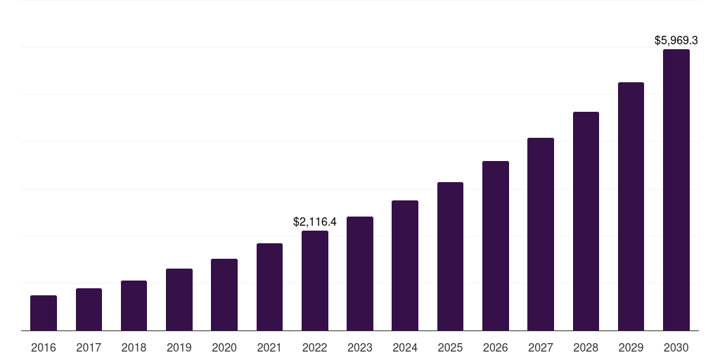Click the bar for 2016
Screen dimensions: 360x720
coord(44,313)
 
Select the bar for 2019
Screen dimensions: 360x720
coord(179,300)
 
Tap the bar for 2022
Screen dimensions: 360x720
coord(315,281)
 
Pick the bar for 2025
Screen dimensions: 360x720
coord(450,257)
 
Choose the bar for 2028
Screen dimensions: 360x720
coord(586,221)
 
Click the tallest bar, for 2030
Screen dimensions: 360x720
coord(676,190)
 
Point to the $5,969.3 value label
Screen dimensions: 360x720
coord(676,40)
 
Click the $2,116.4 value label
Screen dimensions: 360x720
coord(315,221)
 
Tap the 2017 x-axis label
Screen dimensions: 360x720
coord(89,347)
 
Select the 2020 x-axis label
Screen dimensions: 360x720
coord(224,347)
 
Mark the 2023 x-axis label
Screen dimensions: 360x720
coord(360,347)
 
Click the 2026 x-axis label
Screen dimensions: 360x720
coord(496,347)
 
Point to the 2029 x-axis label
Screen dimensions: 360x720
coord(631,347)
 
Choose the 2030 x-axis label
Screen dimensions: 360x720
coord(676,347)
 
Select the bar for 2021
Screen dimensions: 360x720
coord(269,287)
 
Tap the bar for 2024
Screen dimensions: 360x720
coord(405,266)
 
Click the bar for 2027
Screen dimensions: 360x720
coord(541,234)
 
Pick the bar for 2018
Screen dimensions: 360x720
coord(134,306)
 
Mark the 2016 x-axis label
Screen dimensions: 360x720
coord(44,347)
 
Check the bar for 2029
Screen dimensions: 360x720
coord(631,207)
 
